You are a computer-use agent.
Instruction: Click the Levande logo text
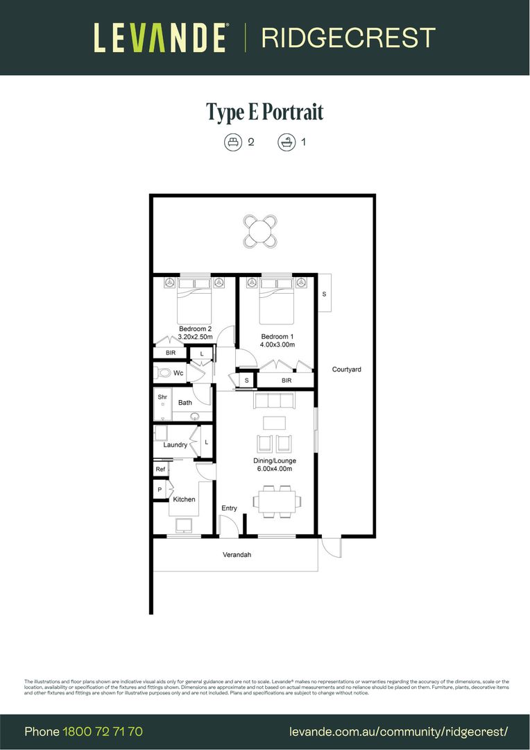(x=160, y=37)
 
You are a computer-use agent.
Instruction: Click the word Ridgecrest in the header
(x=348, y=37)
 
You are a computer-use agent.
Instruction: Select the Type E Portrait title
(x=265, y=112)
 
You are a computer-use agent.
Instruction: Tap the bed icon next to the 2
(x=232, y=142)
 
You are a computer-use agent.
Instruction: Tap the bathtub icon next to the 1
(x=285, y=142)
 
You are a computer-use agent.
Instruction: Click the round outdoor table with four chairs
(x=260, y=232)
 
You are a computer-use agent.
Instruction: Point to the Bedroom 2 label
(x=195, y=328)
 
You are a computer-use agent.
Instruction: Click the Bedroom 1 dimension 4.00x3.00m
(x=277, y=344)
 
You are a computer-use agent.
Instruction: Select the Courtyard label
(x=346, y=369)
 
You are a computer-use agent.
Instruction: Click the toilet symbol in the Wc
(x=164, y=373)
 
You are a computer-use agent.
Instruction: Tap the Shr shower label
(x=162, y=397)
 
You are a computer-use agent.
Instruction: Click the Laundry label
(x=175, y=444)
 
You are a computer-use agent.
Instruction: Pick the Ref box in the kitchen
(x=160, y=469)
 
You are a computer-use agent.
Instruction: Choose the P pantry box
(x=160, y=490)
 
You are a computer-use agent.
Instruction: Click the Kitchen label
(x=184, y=499)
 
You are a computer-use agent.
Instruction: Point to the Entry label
(x=229, y=508)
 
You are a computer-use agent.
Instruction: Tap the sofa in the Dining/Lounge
(x=275, y=401)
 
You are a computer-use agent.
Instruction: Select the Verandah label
(x=237, y=555)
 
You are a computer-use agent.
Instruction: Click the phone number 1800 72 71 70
(x=103, y=731)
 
